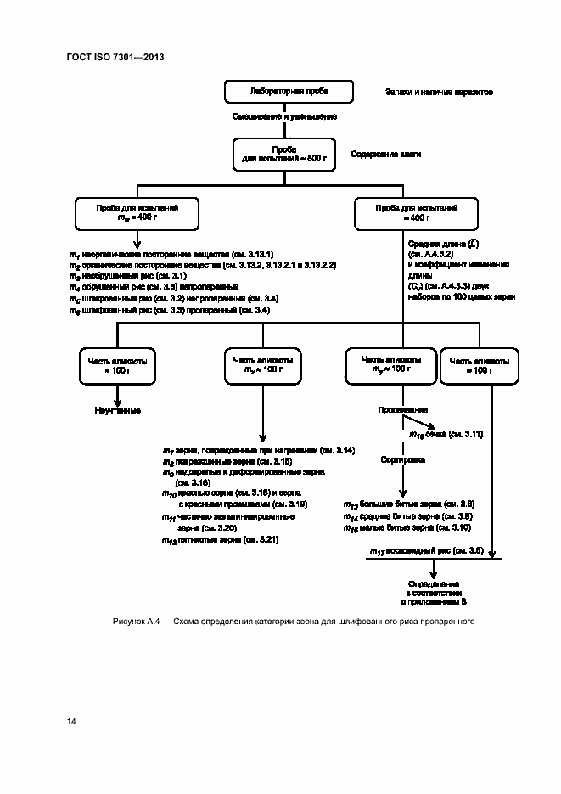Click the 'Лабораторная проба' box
coord(289,91)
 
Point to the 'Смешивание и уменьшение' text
coord(284,116)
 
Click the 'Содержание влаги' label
coord(386,155)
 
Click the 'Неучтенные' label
coord(117,410)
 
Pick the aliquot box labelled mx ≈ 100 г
coord(262,365)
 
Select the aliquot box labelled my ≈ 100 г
coord(390,365)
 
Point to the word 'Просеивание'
coord(403,409)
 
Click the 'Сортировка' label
coord(403,459)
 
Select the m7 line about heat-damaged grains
coord(259,449)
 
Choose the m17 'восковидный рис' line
coord(426,551)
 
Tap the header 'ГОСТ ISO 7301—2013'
coord(115,57)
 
